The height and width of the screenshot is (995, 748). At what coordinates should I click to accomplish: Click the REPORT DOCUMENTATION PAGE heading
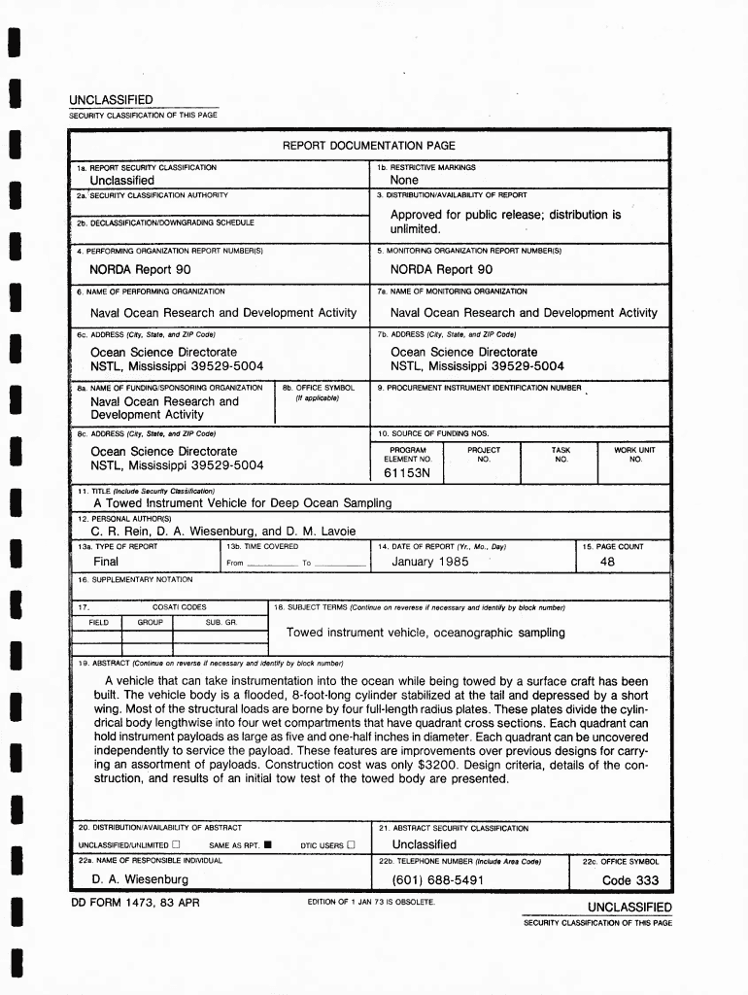(x=368, y=146)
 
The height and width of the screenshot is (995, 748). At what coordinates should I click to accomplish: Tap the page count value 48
(x=607, y=562)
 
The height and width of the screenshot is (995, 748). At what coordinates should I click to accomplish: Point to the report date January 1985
(x=430, y=562)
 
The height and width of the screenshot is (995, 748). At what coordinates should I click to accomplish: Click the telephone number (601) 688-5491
(x=437, y=880)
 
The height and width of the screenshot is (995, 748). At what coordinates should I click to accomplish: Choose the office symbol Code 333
(x=629, y=880)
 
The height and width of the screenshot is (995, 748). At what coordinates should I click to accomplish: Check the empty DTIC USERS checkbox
(x=352, y=845)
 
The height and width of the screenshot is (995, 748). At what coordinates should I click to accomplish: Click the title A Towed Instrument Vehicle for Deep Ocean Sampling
(x=242, y=503)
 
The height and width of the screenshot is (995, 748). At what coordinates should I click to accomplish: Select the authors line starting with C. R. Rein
(x=222, y=532)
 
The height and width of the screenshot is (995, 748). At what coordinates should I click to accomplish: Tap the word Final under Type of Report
(x=106, y=562)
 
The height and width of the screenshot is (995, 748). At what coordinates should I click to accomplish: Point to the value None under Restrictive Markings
(x=404, y=180)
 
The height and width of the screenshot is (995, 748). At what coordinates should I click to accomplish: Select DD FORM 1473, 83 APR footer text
(x=135, y=902)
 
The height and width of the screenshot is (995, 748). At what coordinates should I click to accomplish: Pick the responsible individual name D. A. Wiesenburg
(x=140, y=880)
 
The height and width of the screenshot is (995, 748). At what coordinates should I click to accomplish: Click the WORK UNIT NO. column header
(x=634, y=455)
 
